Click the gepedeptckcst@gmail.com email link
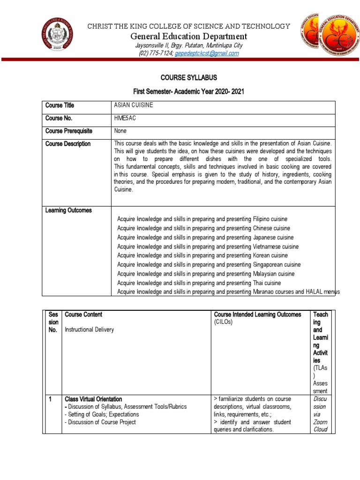point(207,53)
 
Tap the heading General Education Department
point(188,36)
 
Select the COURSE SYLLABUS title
point(189,77)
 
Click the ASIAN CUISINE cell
point(134,105)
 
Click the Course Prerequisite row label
point(69,131)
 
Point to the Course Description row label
point(68,144)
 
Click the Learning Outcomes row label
point(68,210)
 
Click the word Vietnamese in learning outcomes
point(268,247)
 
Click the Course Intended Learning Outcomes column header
point(257,315)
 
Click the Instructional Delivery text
point(89,330)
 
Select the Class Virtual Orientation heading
point(93,399)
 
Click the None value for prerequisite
point(120,131)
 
